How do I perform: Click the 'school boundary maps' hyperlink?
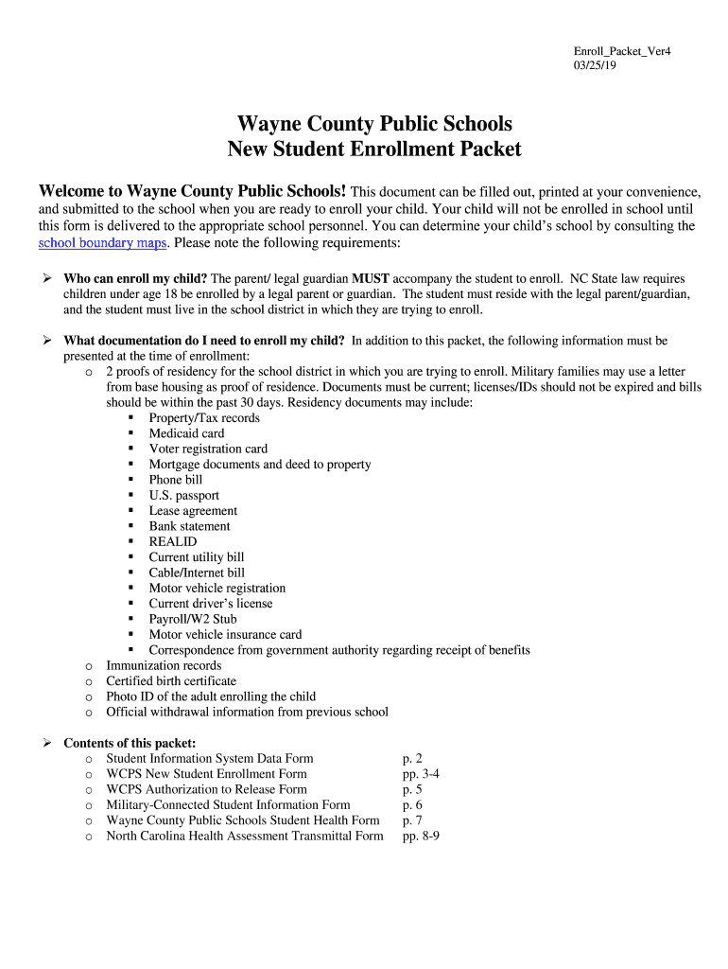[x=102, y=243]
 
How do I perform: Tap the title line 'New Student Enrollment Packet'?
[x=374, y=149]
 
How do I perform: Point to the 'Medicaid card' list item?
[x=186, y=433]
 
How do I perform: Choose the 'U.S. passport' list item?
[x=183, y=496]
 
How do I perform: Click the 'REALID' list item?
[x=173, y=542]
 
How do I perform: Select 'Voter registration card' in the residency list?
[x=208, y=449]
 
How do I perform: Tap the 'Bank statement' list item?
[x=189, y=526]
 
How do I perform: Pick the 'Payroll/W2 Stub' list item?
[x=193, y=620]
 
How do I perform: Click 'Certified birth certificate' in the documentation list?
[x=171, y=681]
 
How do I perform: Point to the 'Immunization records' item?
[x=164, y=666]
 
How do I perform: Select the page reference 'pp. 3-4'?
[x=421, y=774]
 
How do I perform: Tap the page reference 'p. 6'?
[x=412, y=805]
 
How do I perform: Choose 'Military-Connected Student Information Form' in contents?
[x=228, y=805]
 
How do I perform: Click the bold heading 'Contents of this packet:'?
[x=130, y=744]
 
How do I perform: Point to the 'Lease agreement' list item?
[x=193, y=511]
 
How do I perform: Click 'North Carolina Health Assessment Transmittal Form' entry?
[x=245, y=837]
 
